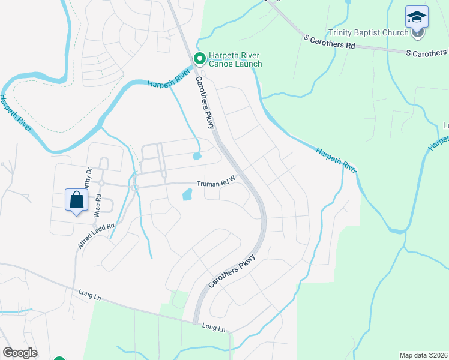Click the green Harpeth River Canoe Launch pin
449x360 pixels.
pos(199,58)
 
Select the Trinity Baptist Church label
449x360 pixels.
pos(368,33)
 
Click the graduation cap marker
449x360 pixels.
pos(417,19)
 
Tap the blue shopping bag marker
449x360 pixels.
pos(77,200)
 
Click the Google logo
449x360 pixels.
pos(20,352)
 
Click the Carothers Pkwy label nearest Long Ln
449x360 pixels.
pos(232,271)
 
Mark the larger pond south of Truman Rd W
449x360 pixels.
pos(187,194)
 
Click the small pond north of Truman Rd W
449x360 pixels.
pos(197,157)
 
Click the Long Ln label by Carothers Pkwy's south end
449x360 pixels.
pos(214,327)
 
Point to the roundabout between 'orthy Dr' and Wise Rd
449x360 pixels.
pos(101,183)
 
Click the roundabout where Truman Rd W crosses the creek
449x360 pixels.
pos(135,187)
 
